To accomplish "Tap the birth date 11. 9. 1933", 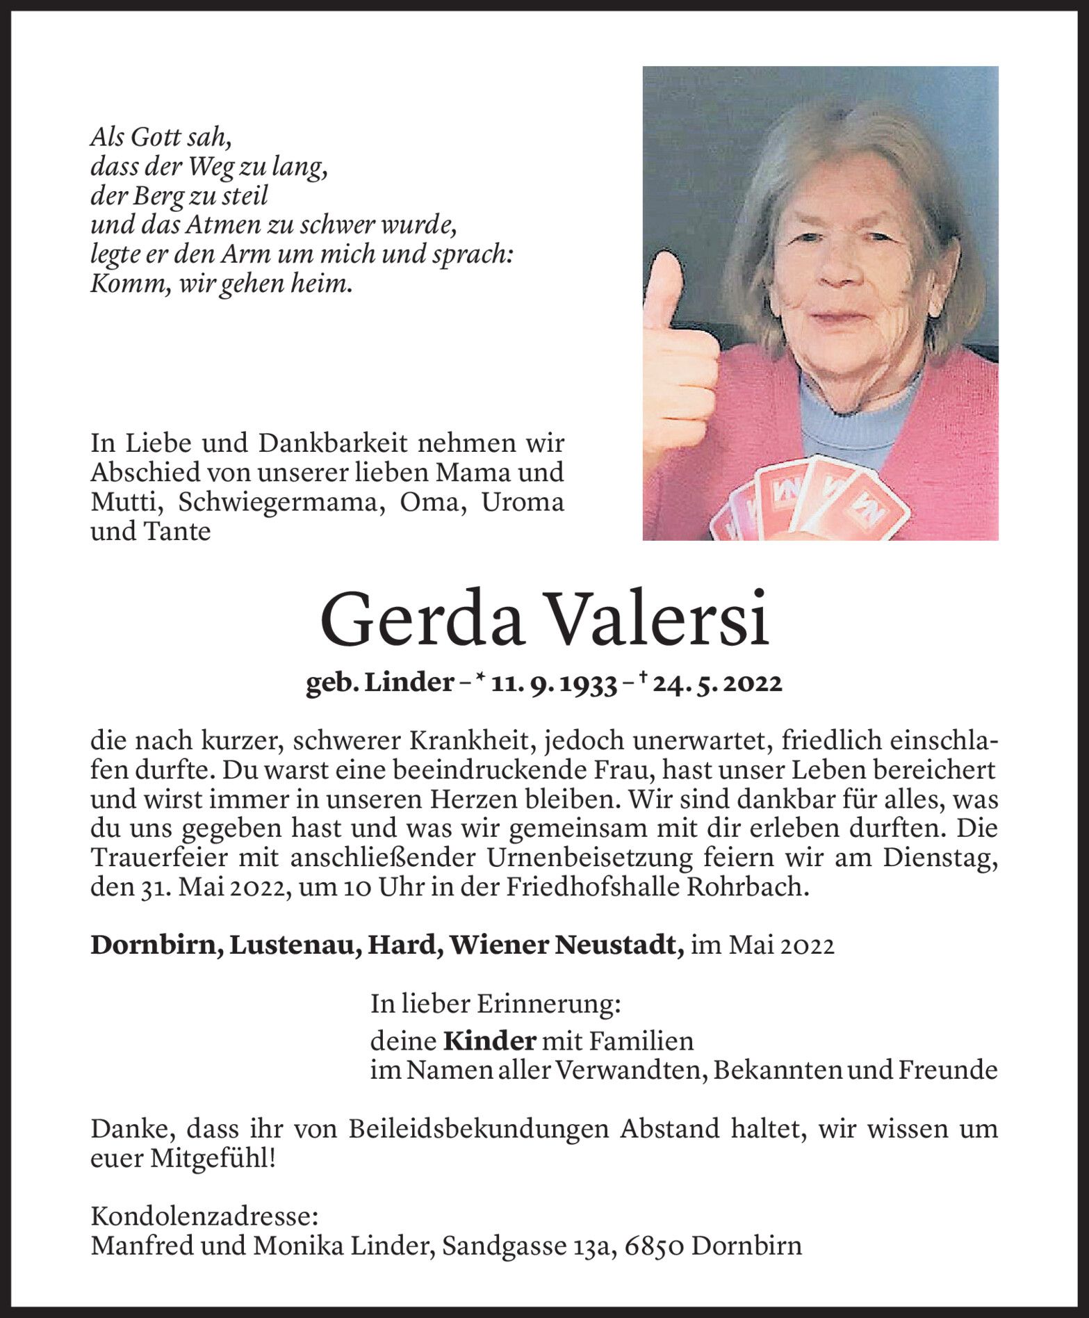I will (x=554, y=685).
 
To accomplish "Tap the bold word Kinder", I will (x=490, y=1041).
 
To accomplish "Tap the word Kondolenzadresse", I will (x=204, y=1217).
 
